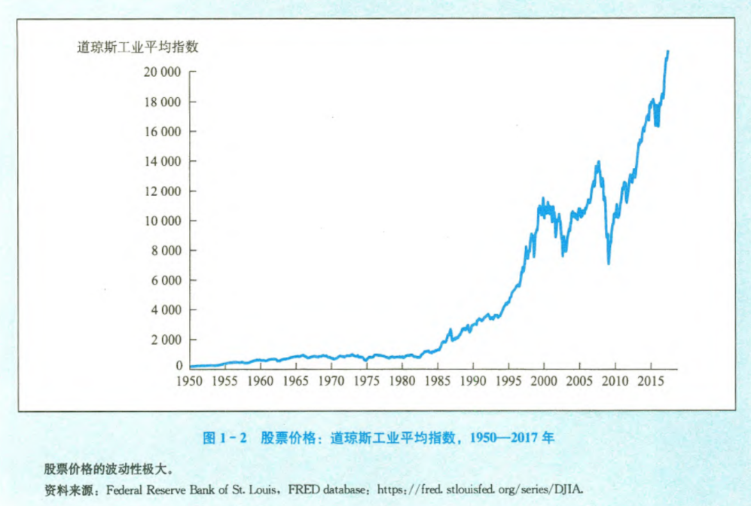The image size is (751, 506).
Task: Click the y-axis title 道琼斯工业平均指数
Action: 138,47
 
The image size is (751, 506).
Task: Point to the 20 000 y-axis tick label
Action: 160,72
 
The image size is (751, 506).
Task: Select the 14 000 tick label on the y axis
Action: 160,161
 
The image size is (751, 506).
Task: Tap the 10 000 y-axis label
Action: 160,221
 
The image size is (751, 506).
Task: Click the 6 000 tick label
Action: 163,280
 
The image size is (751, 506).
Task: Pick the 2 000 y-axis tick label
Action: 163,340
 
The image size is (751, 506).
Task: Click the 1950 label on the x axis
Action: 189,381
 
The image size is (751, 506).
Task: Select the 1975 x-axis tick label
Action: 367,381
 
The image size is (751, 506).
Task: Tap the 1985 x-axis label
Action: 438,381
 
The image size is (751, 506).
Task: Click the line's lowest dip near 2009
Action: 609,263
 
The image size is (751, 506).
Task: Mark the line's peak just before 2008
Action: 598,162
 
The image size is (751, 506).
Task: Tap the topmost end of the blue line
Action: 667,51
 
